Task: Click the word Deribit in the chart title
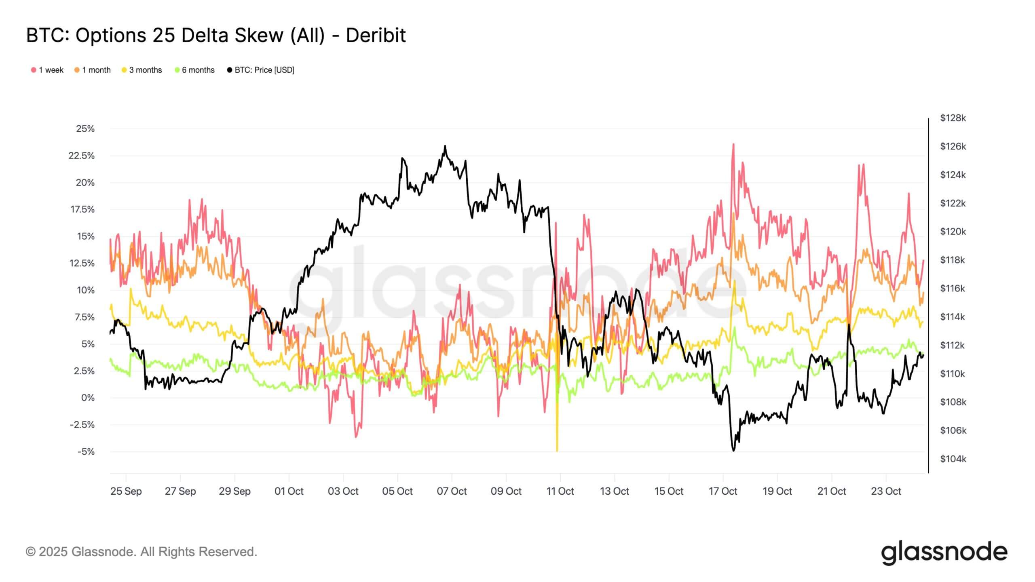[376, 36]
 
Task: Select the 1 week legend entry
[47, 70]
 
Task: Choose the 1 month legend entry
[93, 70]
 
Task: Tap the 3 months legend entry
[142, 70]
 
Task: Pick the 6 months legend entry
[194, 70]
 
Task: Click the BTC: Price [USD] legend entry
[261, 70]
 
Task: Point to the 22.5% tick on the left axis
[82, 156]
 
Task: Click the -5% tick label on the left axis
[85, 451]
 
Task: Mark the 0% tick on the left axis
[88, 398]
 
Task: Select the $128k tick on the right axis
[953, 118]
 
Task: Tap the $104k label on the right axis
[953, 459]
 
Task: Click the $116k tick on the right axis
[953, 289]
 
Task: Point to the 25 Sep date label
[126, 491]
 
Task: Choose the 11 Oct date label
[560, 491]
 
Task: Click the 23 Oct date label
[886, 491]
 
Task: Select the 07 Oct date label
[452, 491]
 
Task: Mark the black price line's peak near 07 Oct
[445, 145]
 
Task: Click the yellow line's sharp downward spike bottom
[557, 451]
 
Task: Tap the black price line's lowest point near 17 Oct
[733, 451]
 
